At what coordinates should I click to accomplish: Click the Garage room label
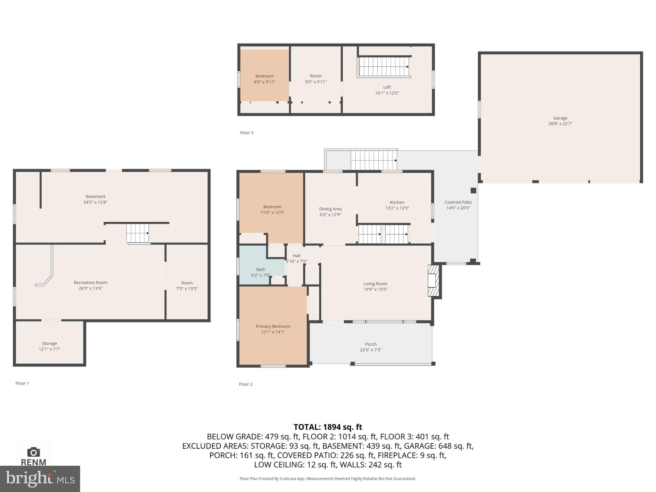(x=560, y=118)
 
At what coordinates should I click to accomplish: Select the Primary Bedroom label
(x=273, y=326)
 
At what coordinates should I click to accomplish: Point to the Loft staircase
(x=384, y=67)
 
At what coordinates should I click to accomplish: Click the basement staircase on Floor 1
(x=137, y=233)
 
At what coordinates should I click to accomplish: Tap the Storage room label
(x=49, y=343)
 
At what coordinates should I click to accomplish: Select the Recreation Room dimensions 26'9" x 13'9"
(x=90, y=288)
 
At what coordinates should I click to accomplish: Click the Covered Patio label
(x=458, y=202)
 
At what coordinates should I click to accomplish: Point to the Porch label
(x=371, y=344)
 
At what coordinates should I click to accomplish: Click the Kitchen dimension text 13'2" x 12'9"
(x=397, y=208)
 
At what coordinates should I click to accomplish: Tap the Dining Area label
(x=330, y=209)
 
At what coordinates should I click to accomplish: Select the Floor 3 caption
(x=246, y=133)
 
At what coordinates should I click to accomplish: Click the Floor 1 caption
(x=22, y=383)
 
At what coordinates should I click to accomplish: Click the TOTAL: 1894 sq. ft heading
(x=328, y=427)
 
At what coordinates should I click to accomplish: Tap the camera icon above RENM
(x=33, y=452)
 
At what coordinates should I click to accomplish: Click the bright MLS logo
(x=40, y=479)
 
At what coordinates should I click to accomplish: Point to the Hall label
(x=296, y=256)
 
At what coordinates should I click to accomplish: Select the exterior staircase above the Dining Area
(x=373, y=160)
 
